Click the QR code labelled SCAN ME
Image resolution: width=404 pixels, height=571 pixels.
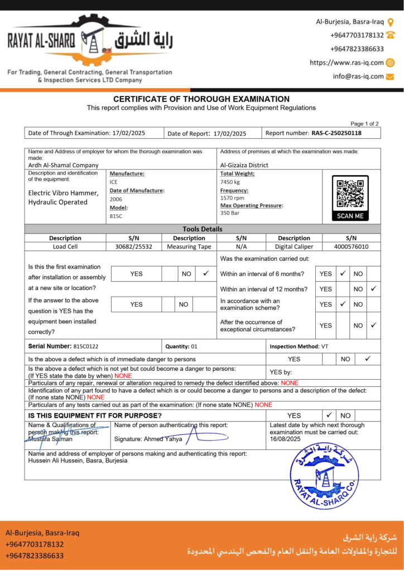pos(350,194)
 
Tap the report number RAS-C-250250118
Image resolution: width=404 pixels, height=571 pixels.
pos(336,133)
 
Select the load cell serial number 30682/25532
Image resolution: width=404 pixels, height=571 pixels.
pos(133,246)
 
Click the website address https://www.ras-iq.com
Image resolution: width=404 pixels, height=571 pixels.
pos(347,62)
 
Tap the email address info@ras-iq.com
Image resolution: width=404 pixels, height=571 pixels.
pos(358,76)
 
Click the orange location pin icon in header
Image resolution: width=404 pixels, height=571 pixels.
pos(391,22)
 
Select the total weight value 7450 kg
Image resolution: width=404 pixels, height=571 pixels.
pos(230,182)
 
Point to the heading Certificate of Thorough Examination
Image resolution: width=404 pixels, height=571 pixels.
pos(201,99)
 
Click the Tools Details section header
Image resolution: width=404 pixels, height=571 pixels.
pos(202,229)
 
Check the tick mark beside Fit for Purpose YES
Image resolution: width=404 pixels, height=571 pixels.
pos(329,415)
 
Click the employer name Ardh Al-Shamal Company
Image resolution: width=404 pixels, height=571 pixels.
pos(63,165)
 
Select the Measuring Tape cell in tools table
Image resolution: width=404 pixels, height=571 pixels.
pos(189,246)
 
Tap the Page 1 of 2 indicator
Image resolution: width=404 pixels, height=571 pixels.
pos(364,124)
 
